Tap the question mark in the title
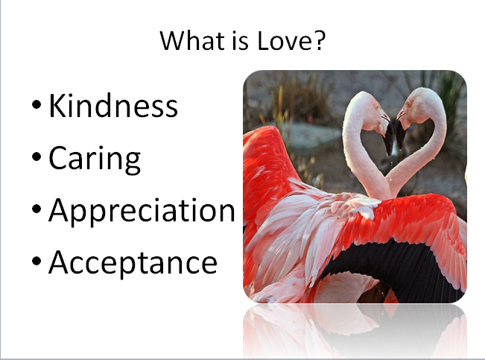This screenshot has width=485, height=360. [320, 40]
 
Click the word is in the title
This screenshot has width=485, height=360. [241, 40]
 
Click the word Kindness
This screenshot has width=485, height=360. [113, 105]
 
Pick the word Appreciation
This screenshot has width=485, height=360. [142, 211]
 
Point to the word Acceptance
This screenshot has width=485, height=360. [133, 263]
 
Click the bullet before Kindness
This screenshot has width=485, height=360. [37, 104]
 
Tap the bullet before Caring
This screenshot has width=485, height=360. [37, 157]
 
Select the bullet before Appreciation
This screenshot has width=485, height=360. [37, 209]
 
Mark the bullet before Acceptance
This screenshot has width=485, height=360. [37, 261]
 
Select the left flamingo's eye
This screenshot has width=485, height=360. [378, 107]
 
